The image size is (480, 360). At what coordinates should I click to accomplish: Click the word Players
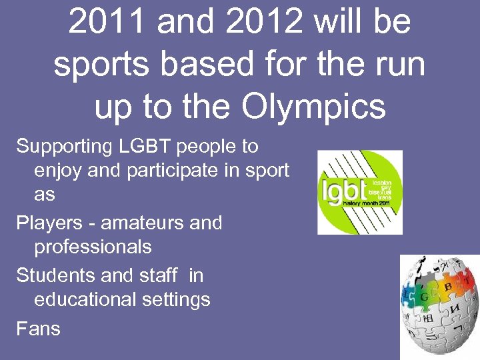pos(44,222)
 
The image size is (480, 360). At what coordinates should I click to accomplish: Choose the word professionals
pos(93,247)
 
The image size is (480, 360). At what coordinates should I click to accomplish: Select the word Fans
pos(38,328)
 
